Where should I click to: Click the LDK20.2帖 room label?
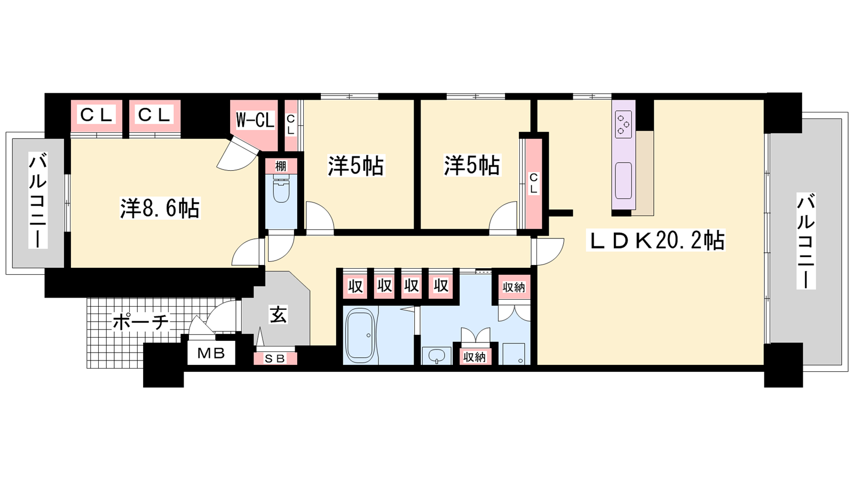click(655, 241)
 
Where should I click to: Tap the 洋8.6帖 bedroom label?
click(160, 208)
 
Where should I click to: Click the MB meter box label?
click(211, 354)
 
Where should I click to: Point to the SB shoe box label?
click(275, 358)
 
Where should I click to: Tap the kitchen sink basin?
click(623, 180)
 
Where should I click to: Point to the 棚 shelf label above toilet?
click(281, 166)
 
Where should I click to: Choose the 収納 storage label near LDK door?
click(513, 287)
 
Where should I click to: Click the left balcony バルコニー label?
click(38, 200)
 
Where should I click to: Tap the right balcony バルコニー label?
click(805, 241)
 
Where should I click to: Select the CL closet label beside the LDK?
click(534, 183)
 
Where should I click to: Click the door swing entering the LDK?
click(548, 251)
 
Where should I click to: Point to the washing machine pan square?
click(513, 354)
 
